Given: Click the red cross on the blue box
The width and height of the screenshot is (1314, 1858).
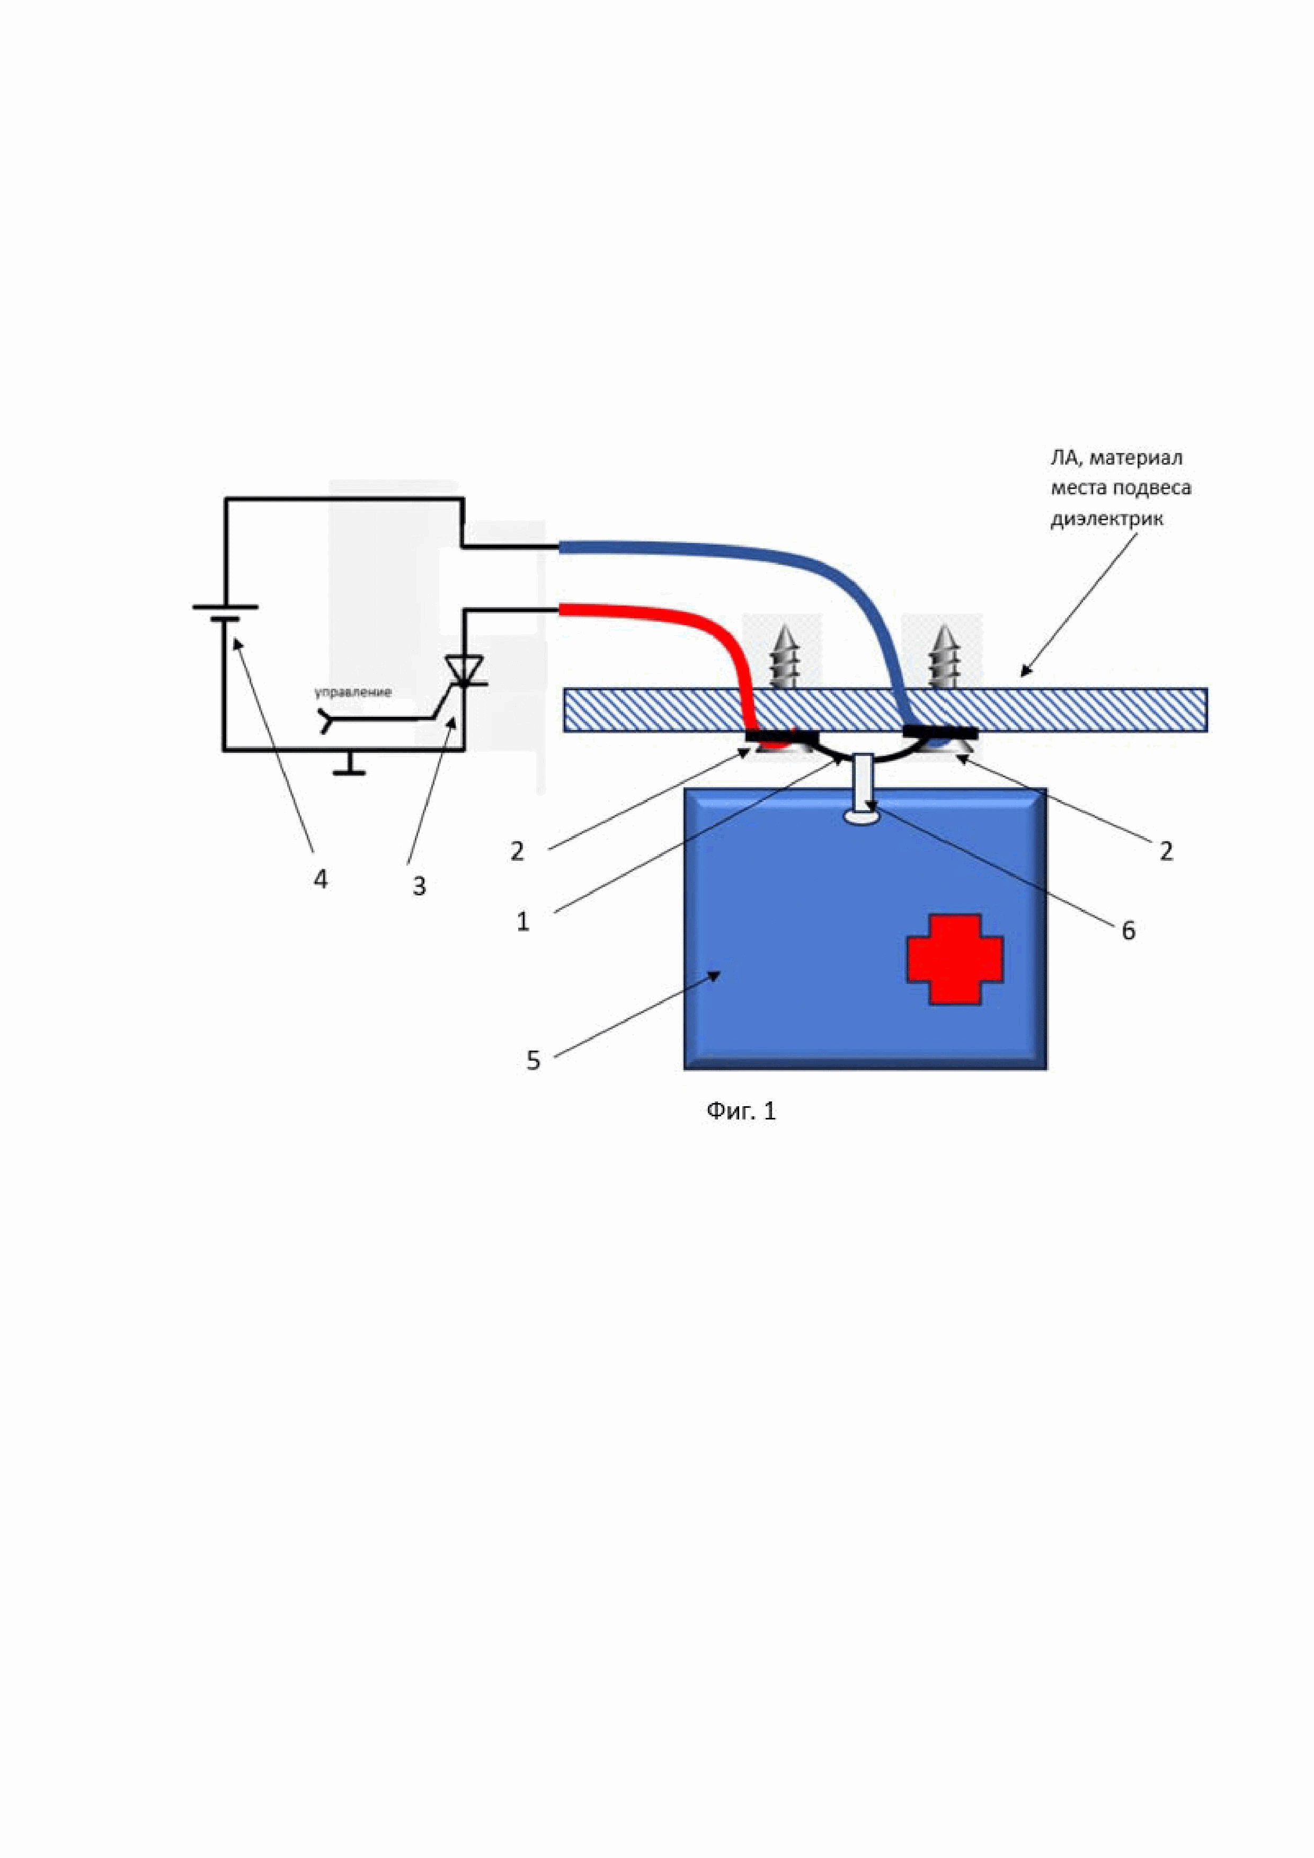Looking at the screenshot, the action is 955,960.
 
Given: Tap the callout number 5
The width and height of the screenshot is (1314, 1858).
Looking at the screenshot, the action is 533,1060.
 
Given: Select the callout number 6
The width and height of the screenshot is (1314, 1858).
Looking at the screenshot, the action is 1128,931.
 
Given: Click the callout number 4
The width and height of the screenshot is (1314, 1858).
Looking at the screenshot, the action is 321,879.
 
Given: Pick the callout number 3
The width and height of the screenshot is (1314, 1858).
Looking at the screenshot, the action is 419,886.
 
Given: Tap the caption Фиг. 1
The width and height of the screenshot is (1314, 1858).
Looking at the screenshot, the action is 741,1111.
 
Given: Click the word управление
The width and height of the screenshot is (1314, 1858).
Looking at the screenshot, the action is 353,692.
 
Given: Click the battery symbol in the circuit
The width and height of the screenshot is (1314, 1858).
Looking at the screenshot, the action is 225,612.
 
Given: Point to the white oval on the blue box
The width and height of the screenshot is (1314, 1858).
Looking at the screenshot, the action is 863,818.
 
